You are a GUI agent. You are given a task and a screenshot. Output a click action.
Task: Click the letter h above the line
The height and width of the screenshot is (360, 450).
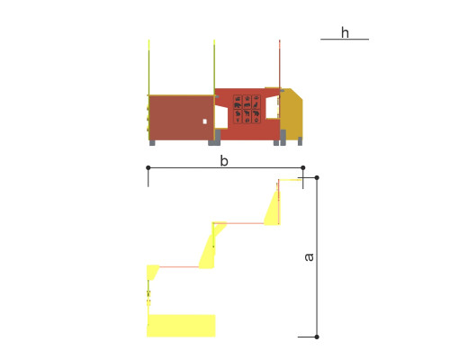(x=345, y=32)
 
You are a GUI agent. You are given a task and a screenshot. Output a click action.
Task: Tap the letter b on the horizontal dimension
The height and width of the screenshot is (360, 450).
(x=224, y=161)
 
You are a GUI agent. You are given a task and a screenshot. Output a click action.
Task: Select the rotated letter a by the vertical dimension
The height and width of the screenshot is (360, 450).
(x=309, y=257)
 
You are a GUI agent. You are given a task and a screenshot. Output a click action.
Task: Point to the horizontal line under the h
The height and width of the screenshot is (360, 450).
(x=345, y=39)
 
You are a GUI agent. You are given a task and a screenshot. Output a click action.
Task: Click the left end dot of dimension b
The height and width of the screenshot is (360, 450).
(x=148, y=167)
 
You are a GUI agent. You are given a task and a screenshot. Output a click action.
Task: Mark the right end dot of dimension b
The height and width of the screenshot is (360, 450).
(x=303, y=167)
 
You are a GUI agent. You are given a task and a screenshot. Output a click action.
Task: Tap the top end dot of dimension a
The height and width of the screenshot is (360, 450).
(x=317, y=177)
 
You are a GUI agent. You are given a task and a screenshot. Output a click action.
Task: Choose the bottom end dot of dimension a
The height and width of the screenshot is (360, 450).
(x=317, y=337)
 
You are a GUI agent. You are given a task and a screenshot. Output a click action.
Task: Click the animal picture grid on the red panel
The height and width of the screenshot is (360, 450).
(x=247, y=109)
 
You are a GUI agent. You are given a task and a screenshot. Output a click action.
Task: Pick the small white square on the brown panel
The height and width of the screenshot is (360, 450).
(x=205, y=121)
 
